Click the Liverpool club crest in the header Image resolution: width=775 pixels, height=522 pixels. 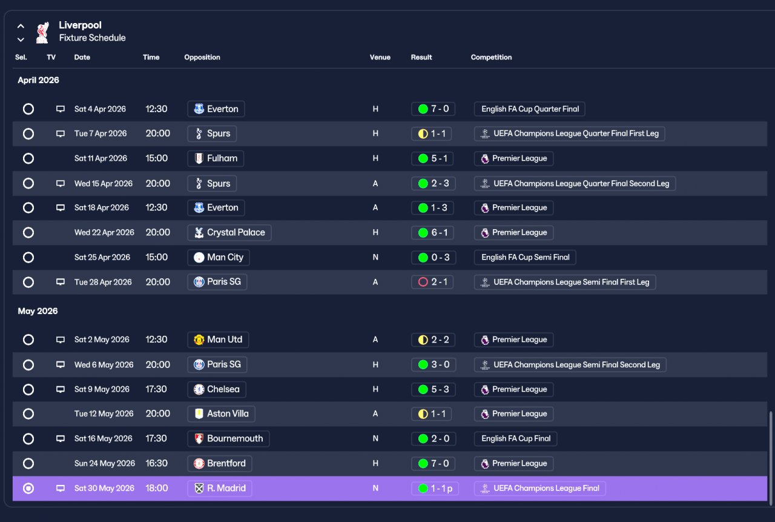(42, 32)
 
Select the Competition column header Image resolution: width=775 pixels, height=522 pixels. (491, 57)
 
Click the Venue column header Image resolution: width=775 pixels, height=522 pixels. (380, 57)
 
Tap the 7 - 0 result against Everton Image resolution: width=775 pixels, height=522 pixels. (433, 109)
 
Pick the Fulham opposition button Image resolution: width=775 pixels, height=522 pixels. (216, 158)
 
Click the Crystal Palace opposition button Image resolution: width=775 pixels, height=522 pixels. (229, 232)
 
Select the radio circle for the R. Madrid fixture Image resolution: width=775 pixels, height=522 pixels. (28, 489)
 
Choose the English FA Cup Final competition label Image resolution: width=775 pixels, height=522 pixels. (515, 438)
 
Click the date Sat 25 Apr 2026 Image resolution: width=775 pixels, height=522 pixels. (102, 258)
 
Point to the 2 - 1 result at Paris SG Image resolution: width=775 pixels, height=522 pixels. (432, 282)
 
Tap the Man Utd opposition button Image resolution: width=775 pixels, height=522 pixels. (218, 340)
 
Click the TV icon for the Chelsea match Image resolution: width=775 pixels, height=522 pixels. (61, 389)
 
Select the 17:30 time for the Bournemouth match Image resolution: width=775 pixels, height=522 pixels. (156, 438)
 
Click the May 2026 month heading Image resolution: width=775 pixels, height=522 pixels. (38, 311)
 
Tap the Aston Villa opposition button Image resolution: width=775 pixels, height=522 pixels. (221, 413)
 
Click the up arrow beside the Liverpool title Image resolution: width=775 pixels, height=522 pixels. (21, 26)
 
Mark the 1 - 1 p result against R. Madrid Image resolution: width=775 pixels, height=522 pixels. (435, 489)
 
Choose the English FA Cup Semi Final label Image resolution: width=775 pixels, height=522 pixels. (525, 258)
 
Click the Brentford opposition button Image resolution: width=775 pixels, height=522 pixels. (220, 463)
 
